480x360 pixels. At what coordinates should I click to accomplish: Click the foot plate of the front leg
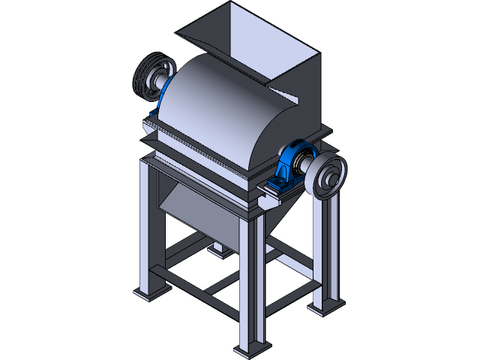tap(250, 349)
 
